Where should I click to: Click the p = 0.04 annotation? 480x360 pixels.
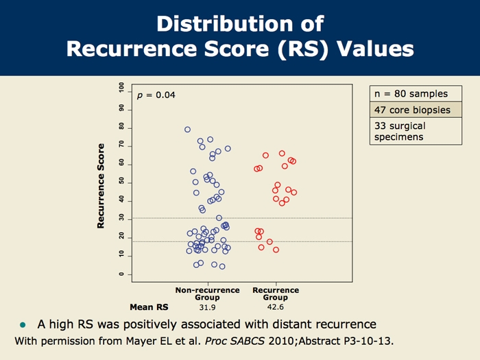[156, 95]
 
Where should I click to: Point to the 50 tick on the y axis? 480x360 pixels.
[121, 181]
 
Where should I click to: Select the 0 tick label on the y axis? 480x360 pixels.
[121, 274]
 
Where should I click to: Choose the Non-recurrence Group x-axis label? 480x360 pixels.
[207, 293]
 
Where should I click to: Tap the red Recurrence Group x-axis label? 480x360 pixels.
[276, 293]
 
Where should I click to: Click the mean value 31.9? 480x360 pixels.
[207, 307]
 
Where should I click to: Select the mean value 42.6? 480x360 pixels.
[276, 307]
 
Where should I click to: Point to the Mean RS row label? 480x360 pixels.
[149, 307]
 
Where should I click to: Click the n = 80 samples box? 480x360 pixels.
[410, 94]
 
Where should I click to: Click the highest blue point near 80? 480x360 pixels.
[187, 129]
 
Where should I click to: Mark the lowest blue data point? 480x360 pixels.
[222, 266]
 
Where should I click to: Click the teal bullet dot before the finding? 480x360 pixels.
[23, 324]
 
